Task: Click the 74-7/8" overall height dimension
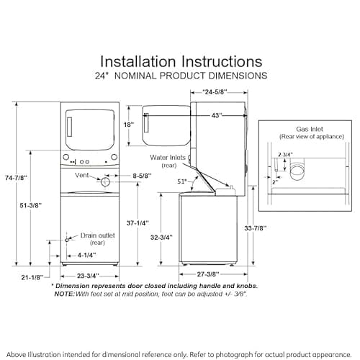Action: click(x=16, y=178)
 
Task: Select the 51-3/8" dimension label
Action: click(x=31, y=205)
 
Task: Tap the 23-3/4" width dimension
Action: click(x=88, y=276)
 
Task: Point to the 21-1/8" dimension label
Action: click(x=32, y=278)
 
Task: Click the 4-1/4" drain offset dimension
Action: click(x=86, y=255)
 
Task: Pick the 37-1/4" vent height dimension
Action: click(x=138, y=223)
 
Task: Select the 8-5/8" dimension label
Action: click(x=142, y=176)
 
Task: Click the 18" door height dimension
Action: click(x=129, y=125)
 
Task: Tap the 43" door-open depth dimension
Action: click(x=217, y=115)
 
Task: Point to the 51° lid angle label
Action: click(x=182, y=181)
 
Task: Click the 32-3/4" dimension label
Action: click(x=161, y=238)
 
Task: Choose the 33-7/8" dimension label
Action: click(x=256, y=228)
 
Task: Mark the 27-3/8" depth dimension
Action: click(x=208, y=274)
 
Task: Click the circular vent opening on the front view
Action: click(x=105, y=182)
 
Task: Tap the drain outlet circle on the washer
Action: click(x=67, y=240)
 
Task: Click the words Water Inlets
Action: click(x=168, y=158)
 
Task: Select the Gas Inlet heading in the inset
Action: click(x=310, y=129)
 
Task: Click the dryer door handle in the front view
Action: click(x=69, y=127)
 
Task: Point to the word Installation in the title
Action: click(x=138, y=61)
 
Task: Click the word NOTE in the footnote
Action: click(x=64, y=294)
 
